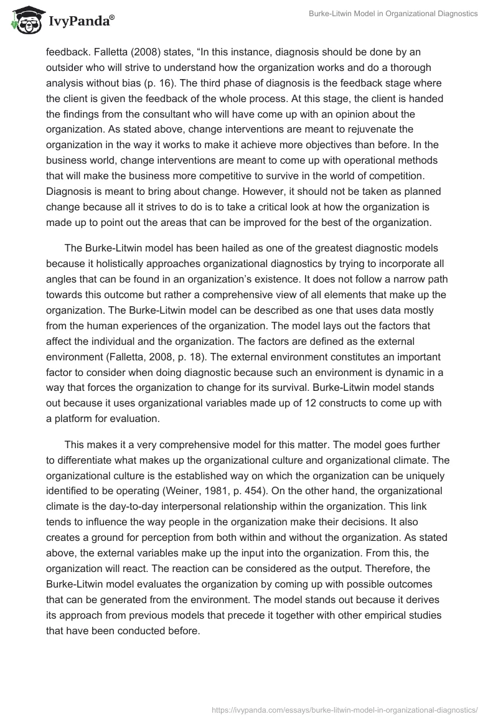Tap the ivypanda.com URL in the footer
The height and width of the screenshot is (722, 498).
(345, 708)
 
